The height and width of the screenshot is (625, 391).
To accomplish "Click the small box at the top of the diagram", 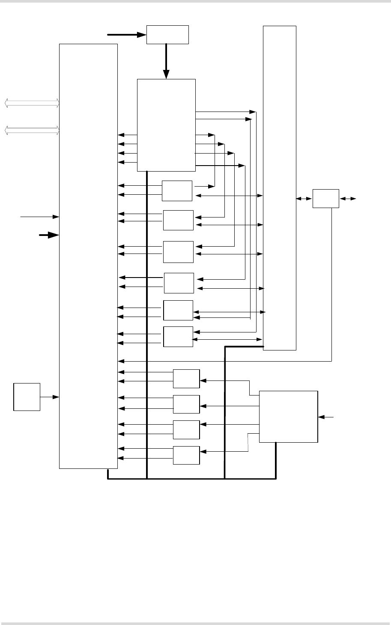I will pos(167,34).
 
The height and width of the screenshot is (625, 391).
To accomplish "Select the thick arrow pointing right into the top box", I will pos(126,34).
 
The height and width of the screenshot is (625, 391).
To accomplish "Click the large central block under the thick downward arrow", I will pos(166,125).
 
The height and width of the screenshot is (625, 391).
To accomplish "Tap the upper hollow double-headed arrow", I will pos(32,103).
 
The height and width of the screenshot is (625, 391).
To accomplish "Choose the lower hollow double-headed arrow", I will pos(32,130).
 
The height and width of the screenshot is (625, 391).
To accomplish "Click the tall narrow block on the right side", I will pos(279,187).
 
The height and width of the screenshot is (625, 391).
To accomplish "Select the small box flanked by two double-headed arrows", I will pos(325,198).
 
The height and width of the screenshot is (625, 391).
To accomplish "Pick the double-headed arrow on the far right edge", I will pos(347,199).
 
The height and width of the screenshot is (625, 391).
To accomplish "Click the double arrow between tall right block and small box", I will pos(304,199).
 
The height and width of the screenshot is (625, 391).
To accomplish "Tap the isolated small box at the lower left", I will pos(27,397).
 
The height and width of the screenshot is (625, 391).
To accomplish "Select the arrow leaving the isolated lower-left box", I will pos(50,397).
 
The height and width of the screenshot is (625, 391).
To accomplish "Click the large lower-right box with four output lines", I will pos(289,416).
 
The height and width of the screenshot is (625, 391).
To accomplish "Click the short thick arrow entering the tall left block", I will pos(48,235).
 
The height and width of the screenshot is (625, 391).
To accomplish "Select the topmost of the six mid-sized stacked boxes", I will pos(177,190).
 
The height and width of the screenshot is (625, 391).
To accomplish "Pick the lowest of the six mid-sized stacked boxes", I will pos(178,337).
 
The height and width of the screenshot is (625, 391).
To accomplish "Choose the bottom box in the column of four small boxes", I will pos(186,455).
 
